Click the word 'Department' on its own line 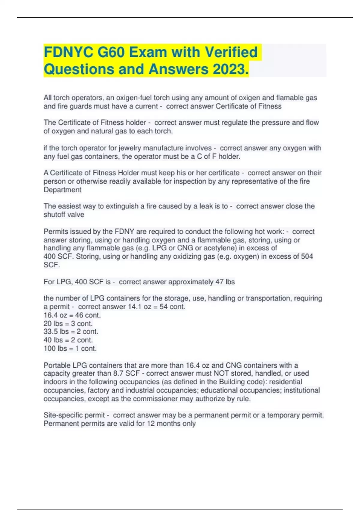62,190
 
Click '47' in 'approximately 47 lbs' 219,282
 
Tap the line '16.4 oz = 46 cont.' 72,315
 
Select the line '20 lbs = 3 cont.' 68,324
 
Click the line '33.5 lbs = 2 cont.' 71,332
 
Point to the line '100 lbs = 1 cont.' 70,349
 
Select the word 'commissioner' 153,399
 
